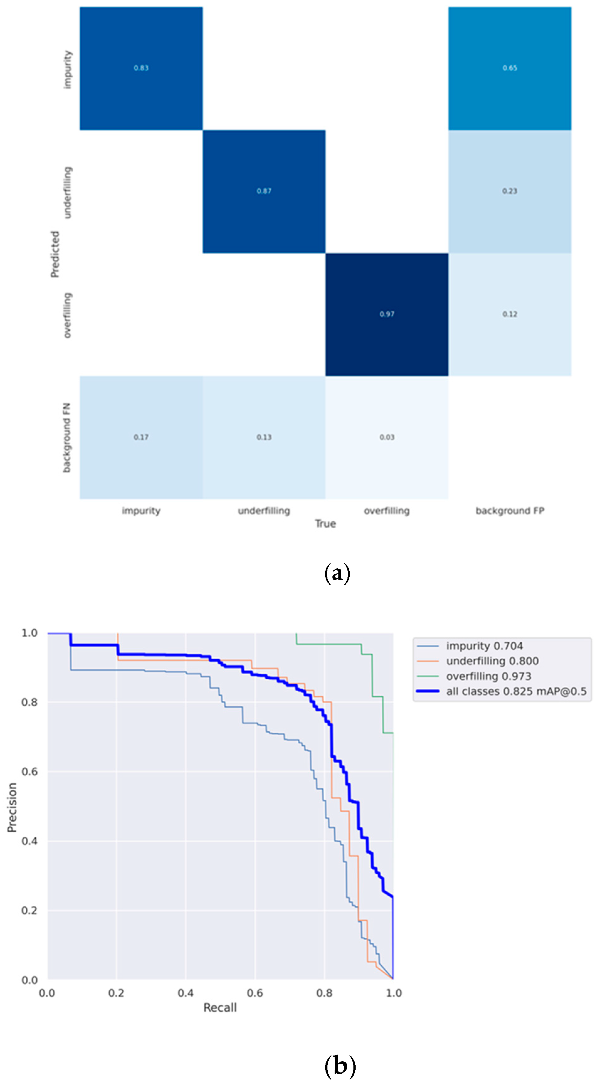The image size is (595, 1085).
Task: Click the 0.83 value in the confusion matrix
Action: click(141, 68)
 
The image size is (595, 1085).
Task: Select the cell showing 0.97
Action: click(387, 314)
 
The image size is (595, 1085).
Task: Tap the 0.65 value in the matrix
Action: click(509, 68)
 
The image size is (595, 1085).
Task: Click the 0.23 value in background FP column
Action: click(509, 191)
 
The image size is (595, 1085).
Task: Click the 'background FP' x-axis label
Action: click(509, 510)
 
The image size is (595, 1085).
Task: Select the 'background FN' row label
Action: click(66, 438)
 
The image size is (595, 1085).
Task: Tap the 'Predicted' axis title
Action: click(55, 254)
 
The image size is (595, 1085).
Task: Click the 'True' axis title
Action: click(325, 524)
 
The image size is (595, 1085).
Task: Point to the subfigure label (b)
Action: click(340, 1066)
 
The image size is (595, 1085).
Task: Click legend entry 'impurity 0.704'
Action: click(484, 646)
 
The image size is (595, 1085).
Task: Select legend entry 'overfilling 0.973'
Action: click(488, 676)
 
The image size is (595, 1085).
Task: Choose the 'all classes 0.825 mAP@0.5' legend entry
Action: click(516, 691)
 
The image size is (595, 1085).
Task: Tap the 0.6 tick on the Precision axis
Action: click(29, 771)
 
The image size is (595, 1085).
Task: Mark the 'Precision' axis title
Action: click(12, 807)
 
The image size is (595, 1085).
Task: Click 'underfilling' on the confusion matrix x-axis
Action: click(264, 510)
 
